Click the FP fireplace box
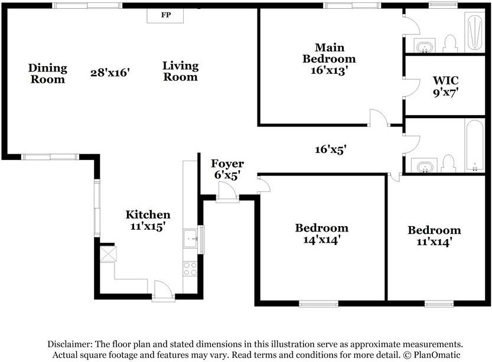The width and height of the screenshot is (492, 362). (165, 15)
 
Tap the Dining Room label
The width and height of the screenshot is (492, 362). (48, 73)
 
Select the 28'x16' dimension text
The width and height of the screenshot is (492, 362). (110, 73)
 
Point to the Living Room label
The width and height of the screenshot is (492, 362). (180, 71)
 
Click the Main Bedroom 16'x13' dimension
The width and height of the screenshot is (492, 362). (329, 70)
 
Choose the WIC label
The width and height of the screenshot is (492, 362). (445, 80)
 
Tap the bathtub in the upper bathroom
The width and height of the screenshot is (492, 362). (475, 32)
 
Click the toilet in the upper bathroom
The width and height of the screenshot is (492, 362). (450, 44)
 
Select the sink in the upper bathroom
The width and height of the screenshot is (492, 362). (425, 46)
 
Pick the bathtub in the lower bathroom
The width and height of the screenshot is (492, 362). (474, 145)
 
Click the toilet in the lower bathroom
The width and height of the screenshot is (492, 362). (448, 164)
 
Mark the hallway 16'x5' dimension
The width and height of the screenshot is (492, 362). (330, 149)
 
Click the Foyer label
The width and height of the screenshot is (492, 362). (227, 164)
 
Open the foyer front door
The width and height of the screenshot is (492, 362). (227, 191)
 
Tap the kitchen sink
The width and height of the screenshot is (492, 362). (190, 239)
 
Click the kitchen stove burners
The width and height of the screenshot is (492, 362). (190, 269)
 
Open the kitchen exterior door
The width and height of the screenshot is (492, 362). (163, 291)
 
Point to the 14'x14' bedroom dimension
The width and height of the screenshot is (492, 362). (322, 240)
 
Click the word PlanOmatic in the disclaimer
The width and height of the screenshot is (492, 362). (437, 355)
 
